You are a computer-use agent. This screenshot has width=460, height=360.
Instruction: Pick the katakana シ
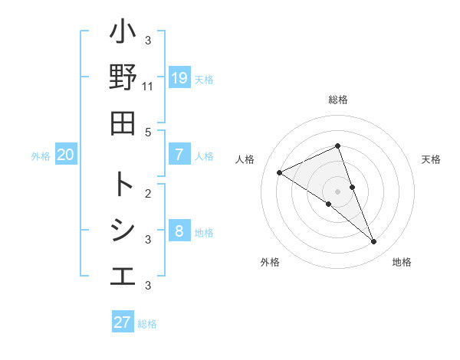click(123, 231)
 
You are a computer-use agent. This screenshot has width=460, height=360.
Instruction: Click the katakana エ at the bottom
click(123, 275)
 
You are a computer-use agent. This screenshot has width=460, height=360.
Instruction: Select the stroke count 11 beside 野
click(148, 87)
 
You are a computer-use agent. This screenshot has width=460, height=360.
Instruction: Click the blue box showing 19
click(179, 77)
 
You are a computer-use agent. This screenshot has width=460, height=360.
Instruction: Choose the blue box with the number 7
click(179, 155)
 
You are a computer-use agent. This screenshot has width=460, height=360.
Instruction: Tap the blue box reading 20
click(65, 155)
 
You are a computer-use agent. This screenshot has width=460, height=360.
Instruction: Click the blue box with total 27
click(122, 322)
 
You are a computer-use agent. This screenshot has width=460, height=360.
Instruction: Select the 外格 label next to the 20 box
click(41, 156)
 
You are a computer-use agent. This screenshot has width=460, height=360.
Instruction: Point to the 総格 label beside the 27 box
click(147, 324)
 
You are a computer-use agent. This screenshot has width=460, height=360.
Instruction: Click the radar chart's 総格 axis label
click(338, 100)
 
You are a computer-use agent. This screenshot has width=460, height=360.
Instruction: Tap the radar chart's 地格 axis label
click(402, 263)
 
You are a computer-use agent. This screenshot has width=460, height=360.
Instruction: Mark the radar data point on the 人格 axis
click(279, 172)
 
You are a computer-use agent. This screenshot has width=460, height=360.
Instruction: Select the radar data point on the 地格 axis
click(374, 242)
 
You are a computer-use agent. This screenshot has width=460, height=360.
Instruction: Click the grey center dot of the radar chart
click(338, 191)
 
